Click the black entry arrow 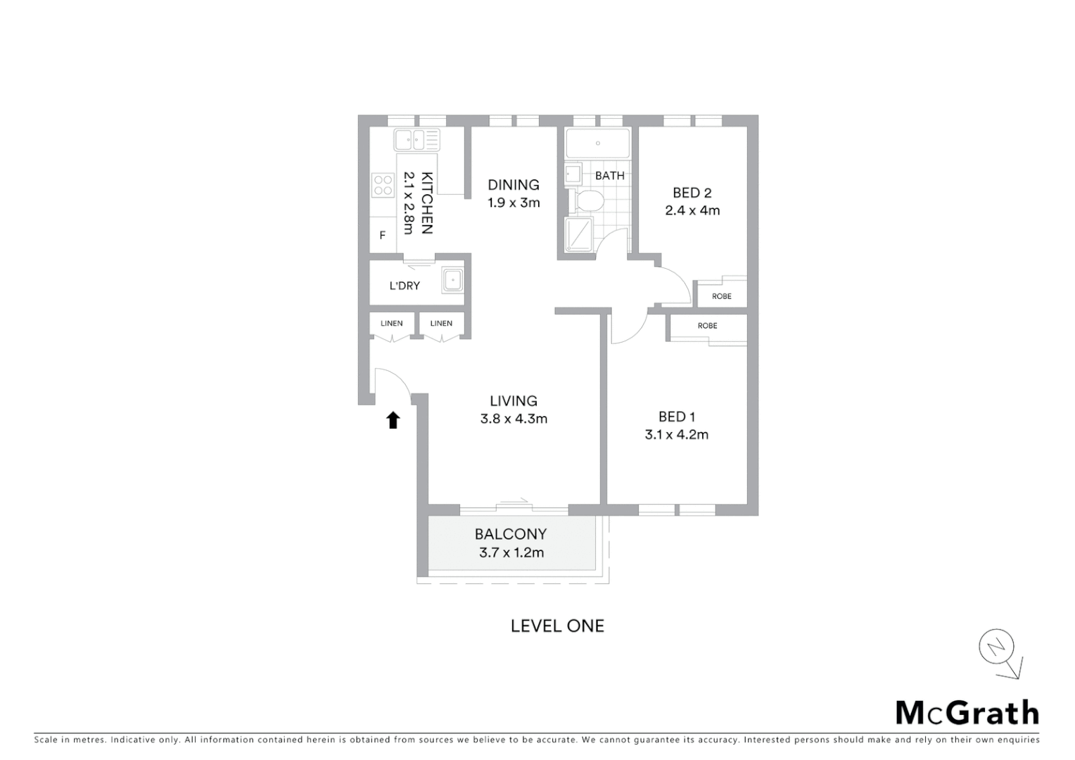(x=393, y=420)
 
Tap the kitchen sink (x=416, y=140)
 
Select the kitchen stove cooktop (x=383, y=186)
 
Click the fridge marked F (x=383, y=236)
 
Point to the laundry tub (x=452, y=280)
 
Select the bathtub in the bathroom (x=598, y=144)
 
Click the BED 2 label (x=692, y=193)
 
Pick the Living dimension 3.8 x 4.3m (x=514, y=419)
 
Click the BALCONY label (x=511, y=534)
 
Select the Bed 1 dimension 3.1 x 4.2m (x=676, y=435)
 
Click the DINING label (x=514, y=185)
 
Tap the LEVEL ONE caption (x=557, y=626)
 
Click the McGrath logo (x=967, y=713)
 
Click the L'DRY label (x=405, y=286)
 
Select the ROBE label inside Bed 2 (x=721, y=296)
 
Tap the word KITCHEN (x=426, y=203)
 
